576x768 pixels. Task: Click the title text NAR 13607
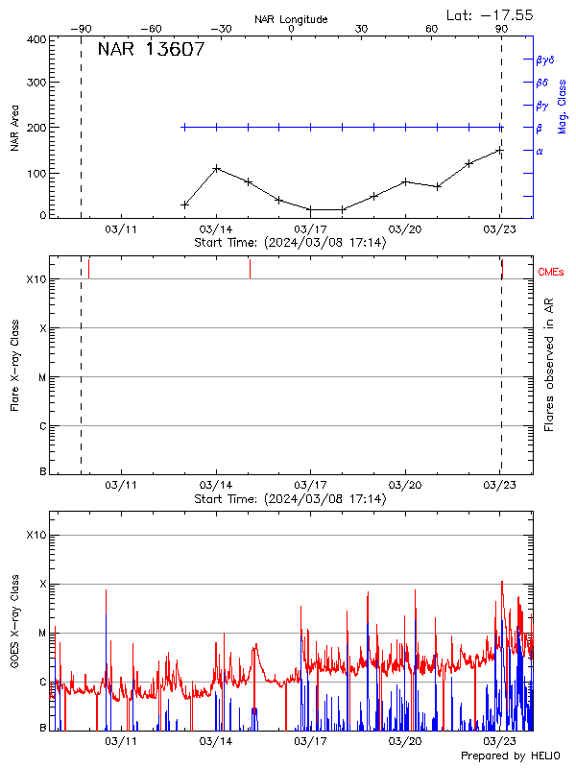point(151,50)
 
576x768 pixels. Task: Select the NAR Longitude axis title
point(291,19)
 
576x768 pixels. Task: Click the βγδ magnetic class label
point(544,60)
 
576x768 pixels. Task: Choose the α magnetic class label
point(540,151)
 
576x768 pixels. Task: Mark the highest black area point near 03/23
point(499,151)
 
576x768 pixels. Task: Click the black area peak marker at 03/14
point(216,168)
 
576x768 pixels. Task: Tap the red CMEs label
point(552,273)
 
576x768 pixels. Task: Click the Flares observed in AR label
point(549,371)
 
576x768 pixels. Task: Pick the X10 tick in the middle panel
point(36,280)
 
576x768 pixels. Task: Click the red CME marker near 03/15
point(250,268)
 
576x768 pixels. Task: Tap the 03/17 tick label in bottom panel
point(310,741)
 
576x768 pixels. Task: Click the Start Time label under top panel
point(290,243)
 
